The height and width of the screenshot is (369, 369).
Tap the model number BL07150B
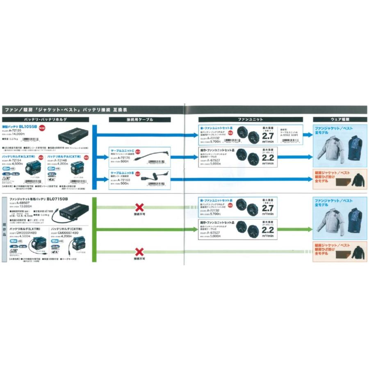[57, 199]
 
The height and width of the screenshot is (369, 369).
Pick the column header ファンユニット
[250, 119]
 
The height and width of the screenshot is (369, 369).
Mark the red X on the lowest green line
[140, 251]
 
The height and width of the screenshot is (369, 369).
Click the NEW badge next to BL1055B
[41, 128]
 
